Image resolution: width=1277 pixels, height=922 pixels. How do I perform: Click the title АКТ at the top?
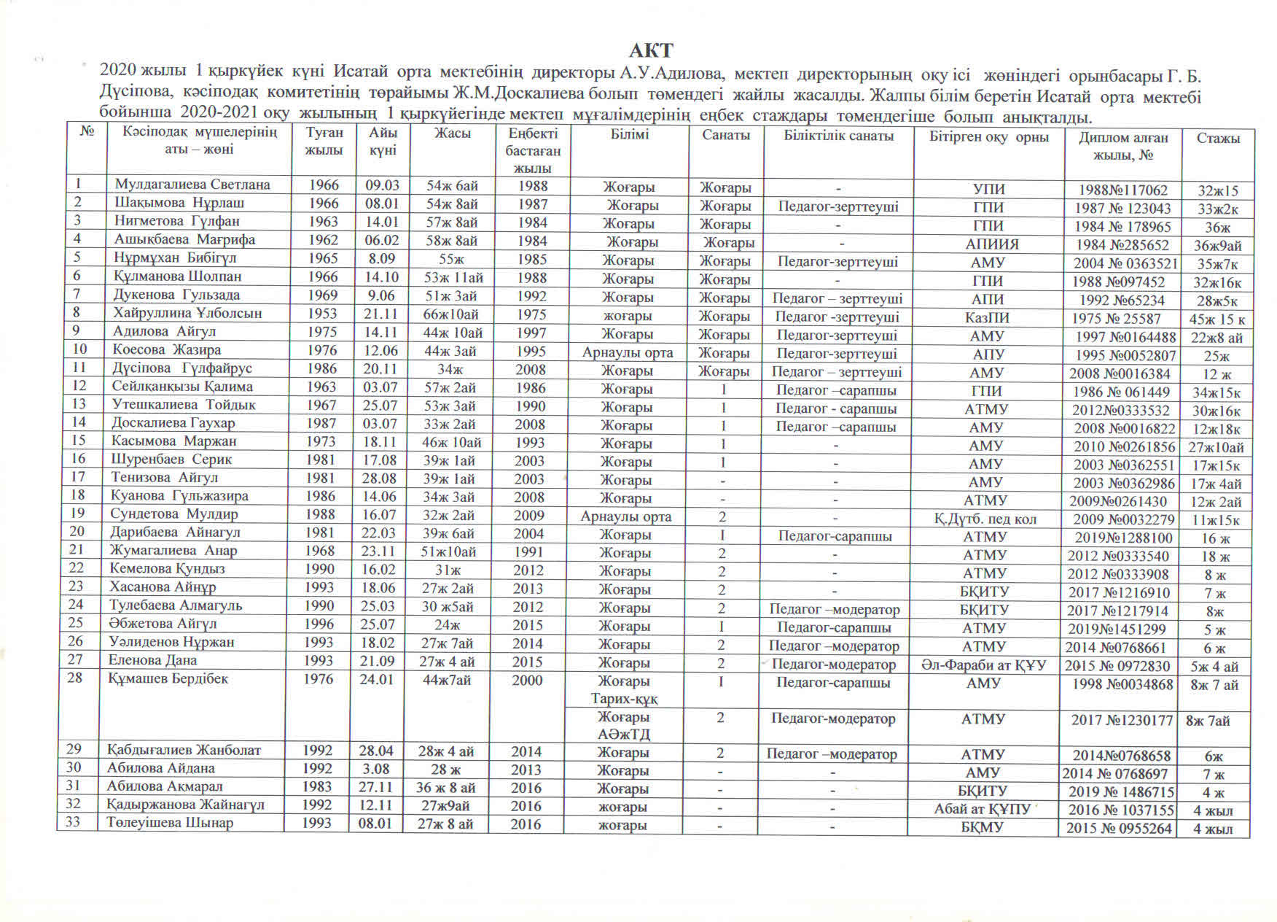tap(651, 50)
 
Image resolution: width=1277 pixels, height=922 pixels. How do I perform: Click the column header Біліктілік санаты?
tap(838, 136)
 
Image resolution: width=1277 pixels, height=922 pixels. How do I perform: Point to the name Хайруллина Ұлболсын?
tap(187, 313)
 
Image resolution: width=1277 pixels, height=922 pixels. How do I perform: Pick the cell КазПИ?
tap(987, 318)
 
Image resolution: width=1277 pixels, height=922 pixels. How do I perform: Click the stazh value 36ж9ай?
tap(1217, 246)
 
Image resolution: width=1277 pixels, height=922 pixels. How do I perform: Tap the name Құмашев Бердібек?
tap(168, 679)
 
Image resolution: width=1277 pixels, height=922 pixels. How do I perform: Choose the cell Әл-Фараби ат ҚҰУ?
tap(983, 665)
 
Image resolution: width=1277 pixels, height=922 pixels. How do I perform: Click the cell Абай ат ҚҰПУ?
tap(982, 809)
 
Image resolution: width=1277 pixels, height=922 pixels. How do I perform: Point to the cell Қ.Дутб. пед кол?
tap(985, 519)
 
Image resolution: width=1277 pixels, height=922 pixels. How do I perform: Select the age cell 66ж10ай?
tap(452, 314)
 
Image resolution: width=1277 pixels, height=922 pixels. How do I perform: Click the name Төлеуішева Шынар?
tap(170, 823)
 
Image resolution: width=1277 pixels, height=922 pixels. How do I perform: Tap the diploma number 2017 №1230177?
tap(1122, 720)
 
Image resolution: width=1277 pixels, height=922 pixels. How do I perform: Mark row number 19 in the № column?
tap(78, 514)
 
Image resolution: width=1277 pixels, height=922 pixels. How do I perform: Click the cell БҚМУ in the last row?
tap(982, 828)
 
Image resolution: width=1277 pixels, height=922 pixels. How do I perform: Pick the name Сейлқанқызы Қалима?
tap(182, 387)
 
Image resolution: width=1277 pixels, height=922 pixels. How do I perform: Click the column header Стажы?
tap(1217, 138)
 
